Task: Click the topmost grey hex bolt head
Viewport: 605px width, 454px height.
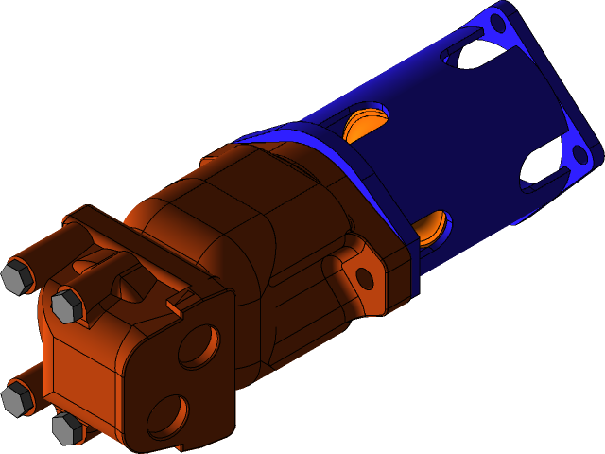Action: (16, 277)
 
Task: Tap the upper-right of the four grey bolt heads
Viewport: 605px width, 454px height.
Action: (67, 306)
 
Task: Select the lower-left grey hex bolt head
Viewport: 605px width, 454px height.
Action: (17, 398)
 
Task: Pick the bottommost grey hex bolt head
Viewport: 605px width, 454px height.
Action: (67, 428)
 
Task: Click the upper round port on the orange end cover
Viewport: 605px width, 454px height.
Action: (198, 347)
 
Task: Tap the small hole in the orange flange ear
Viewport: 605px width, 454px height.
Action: (363, 277)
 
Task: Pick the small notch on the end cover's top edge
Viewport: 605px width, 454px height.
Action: (172, 305)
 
